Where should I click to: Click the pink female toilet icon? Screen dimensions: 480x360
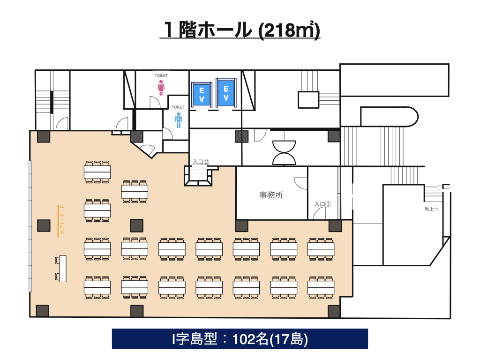(161, 88)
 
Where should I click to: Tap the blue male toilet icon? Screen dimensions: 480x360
(179, 120)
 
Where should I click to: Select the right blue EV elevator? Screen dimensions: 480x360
(226, 93)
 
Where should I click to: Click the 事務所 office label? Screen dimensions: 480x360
(271, 195)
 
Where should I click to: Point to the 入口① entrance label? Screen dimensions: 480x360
(322, 204)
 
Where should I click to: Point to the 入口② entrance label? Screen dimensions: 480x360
(201, 162)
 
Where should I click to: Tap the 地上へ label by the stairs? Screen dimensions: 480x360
(431, 209)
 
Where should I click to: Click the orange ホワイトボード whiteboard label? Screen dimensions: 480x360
(62, 220)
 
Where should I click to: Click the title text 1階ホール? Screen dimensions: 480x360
(208, 30)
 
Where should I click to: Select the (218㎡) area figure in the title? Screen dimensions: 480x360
(289, 30)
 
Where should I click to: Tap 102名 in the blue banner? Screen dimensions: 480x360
(250, 339)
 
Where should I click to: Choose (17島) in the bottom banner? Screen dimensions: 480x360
(288, 339)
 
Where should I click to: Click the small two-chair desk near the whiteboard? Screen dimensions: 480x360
(61, 269)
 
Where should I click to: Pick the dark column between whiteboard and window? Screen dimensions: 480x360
(44, 226)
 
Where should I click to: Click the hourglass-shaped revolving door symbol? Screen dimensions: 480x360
(284, 152)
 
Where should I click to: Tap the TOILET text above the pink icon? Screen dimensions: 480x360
(161, 75)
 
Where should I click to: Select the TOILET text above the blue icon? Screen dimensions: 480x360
(179, 107)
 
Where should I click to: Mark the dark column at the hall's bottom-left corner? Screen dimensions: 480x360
(43, 311)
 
